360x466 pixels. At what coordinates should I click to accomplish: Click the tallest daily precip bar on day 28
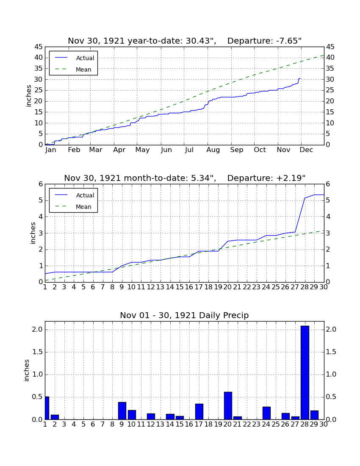tap(305, 373)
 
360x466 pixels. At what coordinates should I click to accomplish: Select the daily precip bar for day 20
tap(228, 406)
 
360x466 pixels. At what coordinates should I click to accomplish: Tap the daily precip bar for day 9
tap(122, 411)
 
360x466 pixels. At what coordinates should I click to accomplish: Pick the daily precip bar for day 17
tap(199, 412)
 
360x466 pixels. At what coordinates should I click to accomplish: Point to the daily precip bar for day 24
tap(266, 413)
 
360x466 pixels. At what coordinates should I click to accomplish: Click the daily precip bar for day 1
tap(47, 408)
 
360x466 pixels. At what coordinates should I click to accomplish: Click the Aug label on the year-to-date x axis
tap(213, 150)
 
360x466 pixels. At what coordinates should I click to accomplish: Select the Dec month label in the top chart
tap(306, 150)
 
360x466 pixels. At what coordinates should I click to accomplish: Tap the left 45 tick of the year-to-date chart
tap(39, 47)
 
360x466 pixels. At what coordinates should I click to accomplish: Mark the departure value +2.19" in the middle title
tap(291, 178)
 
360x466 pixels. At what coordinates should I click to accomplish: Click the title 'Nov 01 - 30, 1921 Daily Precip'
tap(184, 315)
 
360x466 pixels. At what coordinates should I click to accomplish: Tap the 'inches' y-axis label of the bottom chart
tap(27, 370)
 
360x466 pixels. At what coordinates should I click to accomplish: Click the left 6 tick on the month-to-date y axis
tap(41, 184)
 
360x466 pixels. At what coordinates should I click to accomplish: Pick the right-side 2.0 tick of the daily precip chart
tap(331, 329)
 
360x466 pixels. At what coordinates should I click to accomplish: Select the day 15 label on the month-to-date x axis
tap(180, 287)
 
